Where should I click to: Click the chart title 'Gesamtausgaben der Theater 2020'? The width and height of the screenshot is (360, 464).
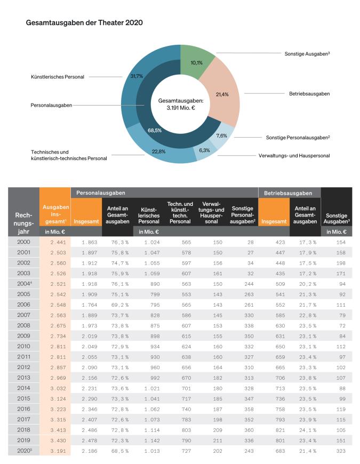[84, 23]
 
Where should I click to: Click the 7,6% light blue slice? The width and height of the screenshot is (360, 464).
[222, 136]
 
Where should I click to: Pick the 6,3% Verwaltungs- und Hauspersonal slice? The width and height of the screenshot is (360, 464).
[204, 150]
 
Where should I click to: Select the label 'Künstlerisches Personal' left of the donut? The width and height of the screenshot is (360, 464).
[57, 77]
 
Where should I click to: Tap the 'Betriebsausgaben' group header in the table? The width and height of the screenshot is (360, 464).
[289, 193]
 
